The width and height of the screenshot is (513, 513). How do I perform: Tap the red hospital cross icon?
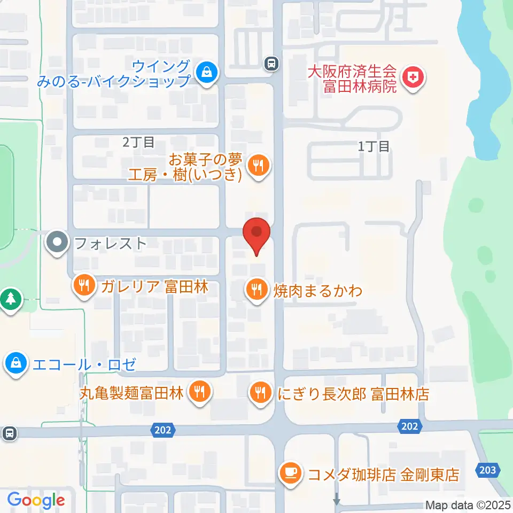[x=413, y=79]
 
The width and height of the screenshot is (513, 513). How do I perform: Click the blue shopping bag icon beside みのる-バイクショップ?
[x=206, y=72]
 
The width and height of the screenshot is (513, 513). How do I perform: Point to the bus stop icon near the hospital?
[x=272, y=64]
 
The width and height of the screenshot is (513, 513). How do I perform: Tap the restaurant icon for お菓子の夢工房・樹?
[x=258, y=165]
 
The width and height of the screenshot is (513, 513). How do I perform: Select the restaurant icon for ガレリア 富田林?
[x=83, y=285]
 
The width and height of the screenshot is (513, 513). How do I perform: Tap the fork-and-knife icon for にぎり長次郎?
[x=260, y=394]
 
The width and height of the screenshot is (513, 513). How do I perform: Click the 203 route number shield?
[x=487, y=470]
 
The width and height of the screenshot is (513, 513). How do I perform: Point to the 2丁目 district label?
[x=138, y=142]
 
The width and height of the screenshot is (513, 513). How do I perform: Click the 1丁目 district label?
[x=374, y=146]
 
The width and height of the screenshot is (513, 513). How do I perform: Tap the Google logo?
[x=36, y=500]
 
